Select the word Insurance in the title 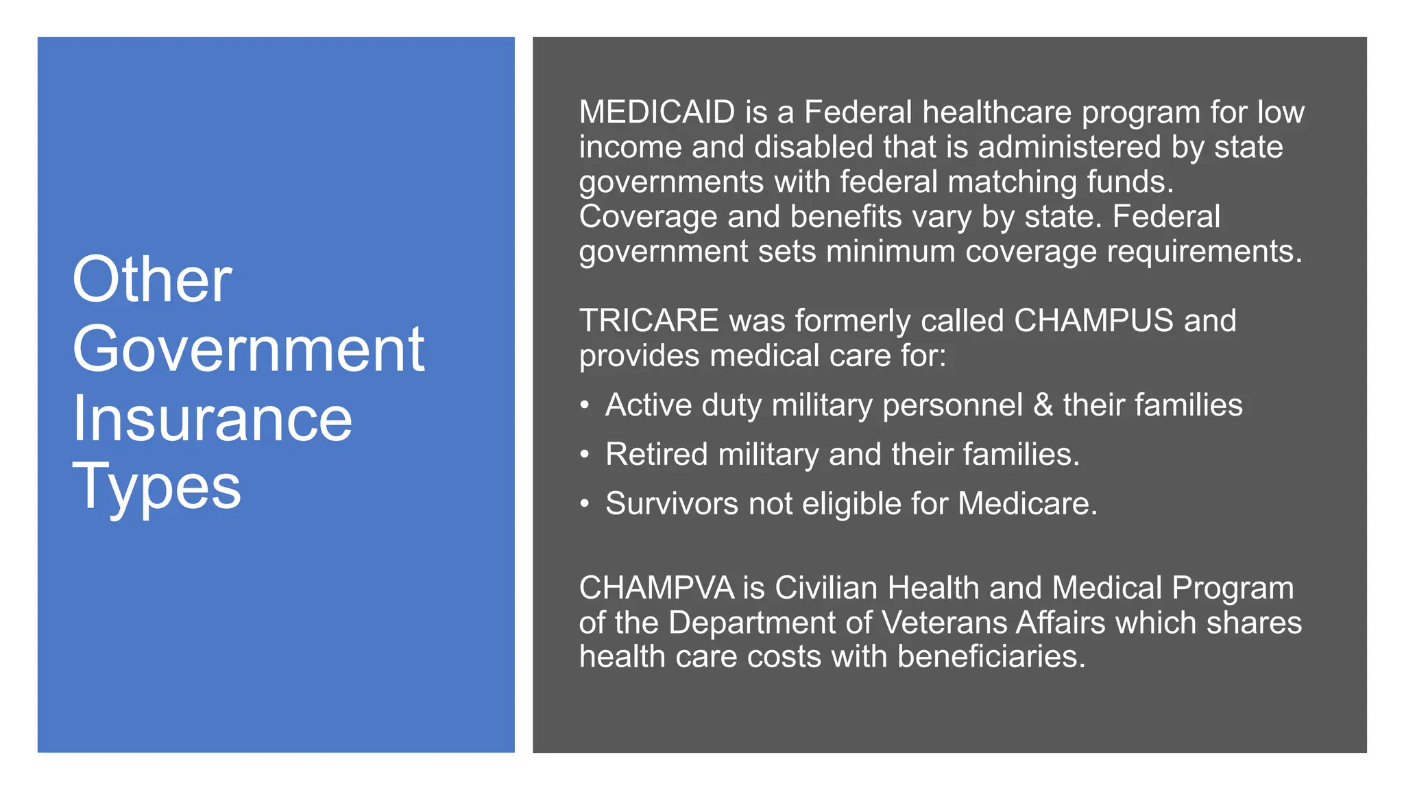coord(212,419)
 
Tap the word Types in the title coord(156,487)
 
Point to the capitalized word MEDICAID coord(657,112)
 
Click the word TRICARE coord(649,321)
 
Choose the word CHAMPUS coord(1093,321)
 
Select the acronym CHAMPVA coord(656,588)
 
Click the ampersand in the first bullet coord(1043,405)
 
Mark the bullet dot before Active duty coord(584,405)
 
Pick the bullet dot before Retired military coord(584,455)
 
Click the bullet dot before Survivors coord(584,504)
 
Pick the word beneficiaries coord(991,657)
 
